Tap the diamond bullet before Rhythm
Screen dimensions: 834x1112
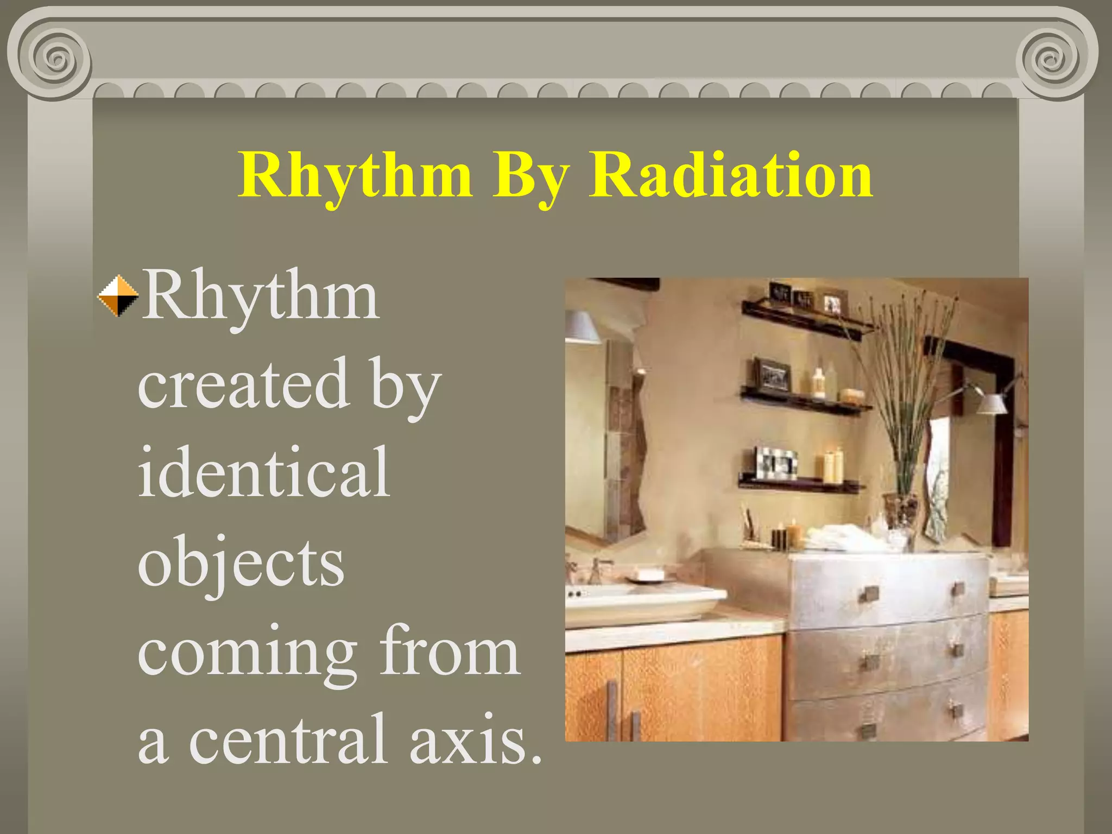[118, 296]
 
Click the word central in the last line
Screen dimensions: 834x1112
[288, 739]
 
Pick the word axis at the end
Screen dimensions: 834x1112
[475, 739]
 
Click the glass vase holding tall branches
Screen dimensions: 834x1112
[900, 513]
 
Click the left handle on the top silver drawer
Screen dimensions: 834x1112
[869, 595]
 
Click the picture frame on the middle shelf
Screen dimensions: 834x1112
[772, 375]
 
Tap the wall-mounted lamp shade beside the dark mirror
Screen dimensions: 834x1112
[991, 403]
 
